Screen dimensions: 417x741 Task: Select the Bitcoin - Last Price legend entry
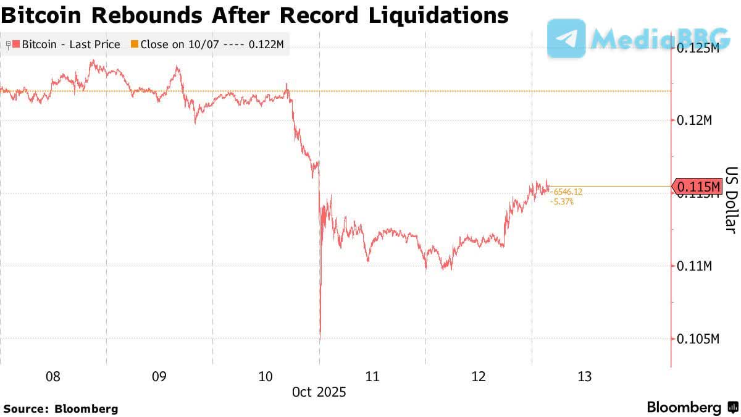point(69,44)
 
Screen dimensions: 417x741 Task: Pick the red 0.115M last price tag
point(698,186)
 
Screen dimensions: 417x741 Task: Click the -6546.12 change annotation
point(567,192)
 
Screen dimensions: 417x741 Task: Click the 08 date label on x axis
point(53,376)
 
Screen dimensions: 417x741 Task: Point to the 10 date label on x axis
point(266,376)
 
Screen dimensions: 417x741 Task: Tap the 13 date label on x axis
point(585,376)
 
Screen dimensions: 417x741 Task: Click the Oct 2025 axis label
point(319,392)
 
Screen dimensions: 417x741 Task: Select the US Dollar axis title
point(731,200)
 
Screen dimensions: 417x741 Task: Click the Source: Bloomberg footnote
point(61,408)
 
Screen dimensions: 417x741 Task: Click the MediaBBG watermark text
point(661,38)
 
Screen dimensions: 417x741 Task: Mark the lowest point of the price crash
point(320,339)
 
